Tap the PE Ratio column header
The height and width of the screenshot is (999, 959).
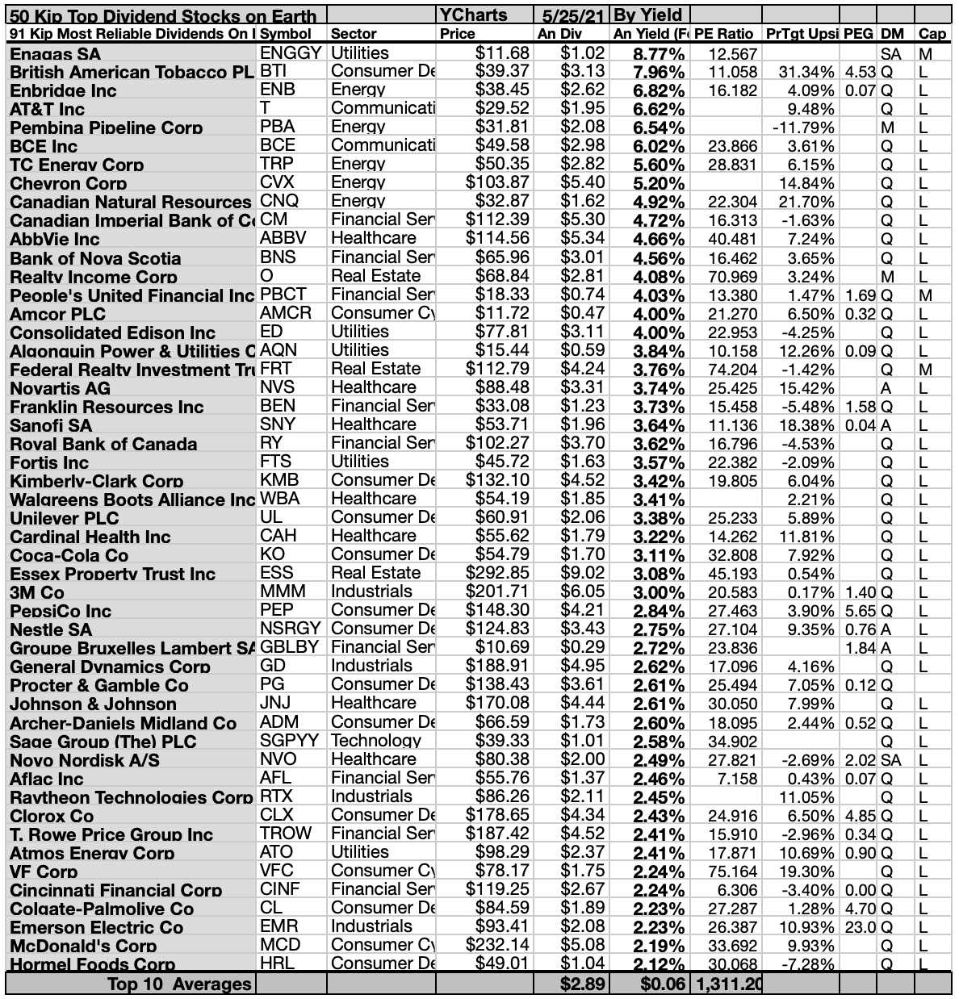[723, 34]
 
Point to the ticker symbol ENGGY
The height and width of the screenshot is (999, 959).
[291, 53]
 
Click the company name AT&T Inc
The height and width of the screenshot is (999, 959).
[48, 109]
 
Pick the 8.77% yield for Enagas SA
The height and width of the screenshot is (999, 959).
[648, 54]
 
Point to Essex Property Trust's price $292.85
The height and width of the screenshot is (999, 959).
[497, 573]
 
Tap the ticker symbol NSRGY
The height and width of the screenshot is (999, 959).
[291, 628]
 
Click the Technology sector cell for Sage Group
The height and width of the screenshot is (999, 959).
[375, 741]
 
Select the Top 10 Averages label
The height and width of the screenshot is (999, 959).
[179, 984]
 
